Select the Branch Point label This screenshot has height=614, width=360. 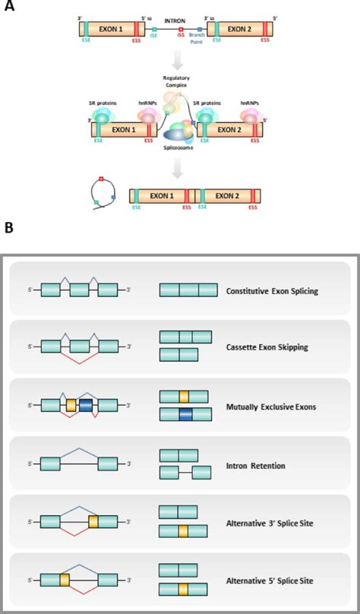(x=197, y=46)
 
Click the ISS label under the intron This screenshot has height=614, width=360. (x=181, y=43)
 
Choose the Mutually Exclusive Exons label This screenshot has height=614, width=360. (x=270, y=407)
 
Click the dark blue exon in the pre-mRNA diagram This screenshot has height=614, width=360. (x=86, y=406)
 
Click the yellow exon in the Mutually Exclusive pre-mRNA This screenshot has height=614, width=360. (x=71, y=406)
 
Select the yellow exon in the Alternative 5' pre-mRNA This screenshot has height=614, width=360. (x=65, y=579)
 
